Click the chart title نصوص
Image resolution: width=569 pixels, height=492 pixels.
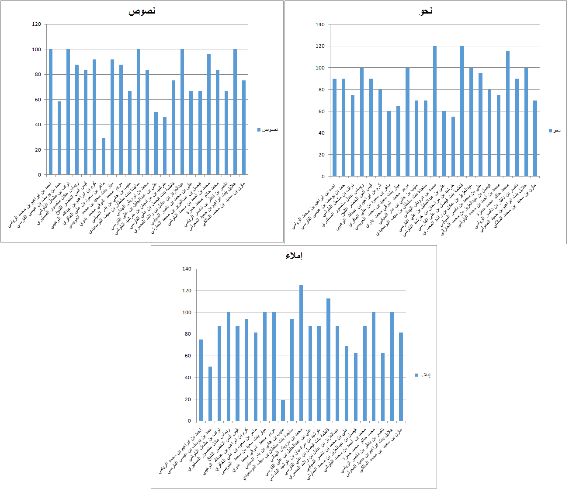point(142,11)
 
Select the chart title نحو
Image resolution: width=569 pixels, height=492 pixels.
point(426,11)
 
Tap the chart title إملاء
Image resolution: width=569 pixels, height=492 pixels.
point(294,256)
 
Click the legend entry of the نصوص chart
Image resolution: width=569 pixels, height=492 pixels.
point(267,130)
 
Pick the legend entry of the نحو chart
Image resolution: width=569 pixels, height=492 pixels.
point(555,131)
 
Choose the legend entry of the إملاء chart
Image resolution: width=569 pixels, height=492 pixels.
point(423,375)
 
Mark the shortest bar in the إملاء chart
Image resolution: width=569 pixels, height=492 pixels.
point(283,411)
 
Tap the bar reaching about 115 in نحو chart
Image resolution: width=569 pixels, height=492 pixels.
point(508,114)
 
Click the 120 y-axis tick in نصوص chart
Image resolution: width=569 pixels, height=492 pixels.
point(36,24)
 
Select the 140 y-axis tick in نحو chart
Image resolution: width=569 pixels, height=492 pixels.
point(320,24)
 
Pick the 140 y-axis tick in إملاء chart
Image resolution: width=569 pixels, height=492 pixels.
point(187,269)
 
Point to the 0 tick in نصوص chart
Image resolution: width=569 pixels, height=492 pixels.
point(39,175)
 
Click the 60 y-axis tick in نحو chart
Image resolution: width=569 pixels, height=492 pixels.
point(321,111)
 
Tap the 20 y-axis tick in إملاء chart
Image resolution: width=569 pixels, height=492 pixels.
point(188,399)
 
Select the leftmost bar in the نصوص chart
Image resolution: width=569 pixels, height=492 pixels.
point(51,112)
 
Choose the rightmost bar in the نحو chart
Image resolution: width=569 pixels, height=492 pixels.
point(535,139)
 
